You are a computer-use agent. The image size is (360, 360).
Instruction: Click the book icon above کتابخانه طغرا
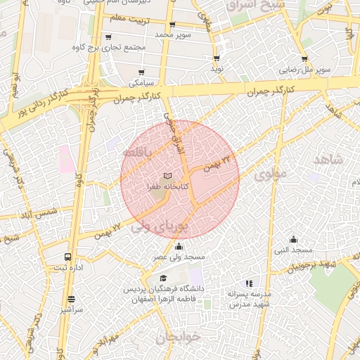pyautogui.click(x=167, y=176)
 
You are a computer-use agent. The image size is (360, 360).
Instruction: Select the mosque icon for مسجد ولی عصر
pyautogui.click(x=179, y=246)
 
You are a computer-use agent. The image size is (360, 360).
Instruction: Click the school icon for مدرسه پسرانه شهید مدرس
pyautogui.click(x=249, y=283)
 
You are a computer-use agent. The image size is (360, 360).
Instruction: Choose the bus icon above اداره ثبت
pyautogui.click(x=67, y=257)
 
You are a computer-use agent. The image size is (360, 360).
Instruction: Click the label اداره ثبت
pyautogui.click(x=68, y=269)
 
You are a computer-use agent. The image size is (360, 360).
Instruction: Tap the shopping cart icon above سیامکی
pyautogui.click(x=141, y=72)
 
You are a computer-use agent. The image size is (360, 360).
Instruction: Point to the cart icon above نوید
pyautogui.click(x=216, y=58)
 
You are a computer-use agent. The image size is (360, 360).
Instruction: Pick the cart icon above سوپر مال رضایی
pyautogui.click(x=304, y=60)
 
